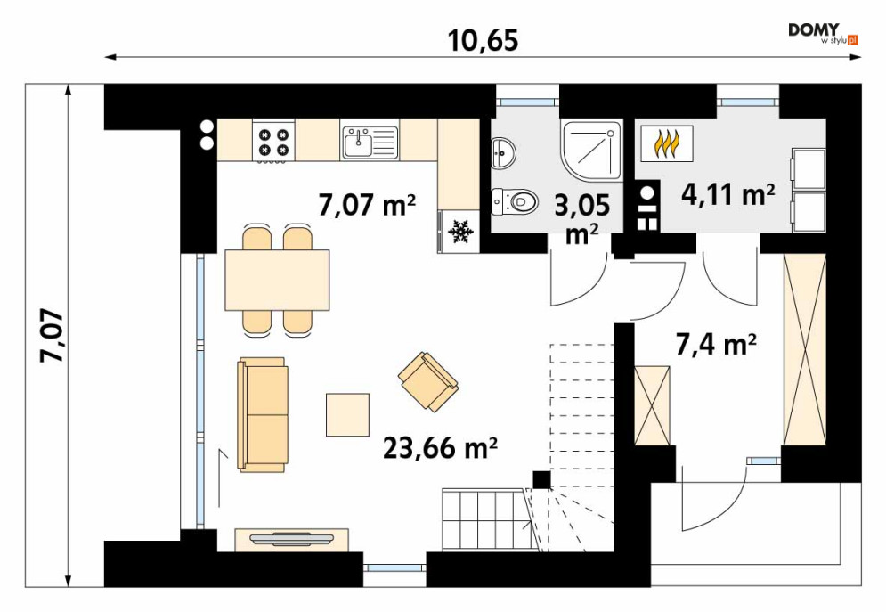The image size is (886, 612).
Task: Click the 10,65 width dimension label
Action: click(x=484, y=41)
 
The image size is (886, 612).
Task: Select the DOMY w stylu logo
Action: click(x=824, y=34)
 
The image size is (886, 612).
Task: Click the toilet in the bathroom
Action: click(x=514, y=201)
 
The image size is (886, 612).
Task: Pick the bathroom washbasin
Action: click(x=503, y=152)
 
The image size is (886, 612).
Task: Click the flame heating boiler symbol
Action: click(x=667, y=144)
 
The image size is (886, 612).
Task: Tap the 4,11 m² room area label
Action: click(x=727, y=195)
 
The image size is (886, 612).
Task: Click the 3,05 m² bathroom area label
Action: click(x=582, y=218)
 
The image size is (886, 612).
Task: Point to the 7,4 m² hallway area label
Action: click(x=716, y=344)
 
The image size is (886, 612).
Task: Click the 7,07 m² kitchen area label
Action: click(x=367, y=205)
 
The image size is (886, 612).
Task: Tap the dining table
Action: click(x=277, y=281)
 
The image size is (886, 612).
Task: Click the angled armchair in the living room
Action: click(x=428, y=382)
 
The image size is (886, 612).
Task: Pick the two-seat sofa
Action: click(x=263, y=414)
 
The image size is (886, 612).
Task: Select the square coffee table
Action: click(x=347, y=415)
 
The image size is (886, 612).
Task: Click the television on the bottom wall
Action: click(x=291, y=539)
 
